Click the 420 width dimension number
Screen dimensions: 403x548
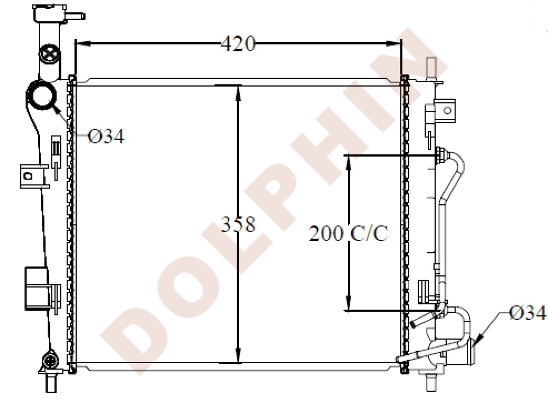point(238,43)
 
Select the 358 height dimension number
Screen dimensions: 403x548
point(238,224)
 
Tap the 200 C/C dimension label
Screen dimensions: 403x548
point(349,234)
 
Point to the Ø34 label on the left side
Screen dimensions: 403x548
point(106,136)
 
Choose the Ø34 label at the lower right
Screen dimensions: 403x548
point(527,313)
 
